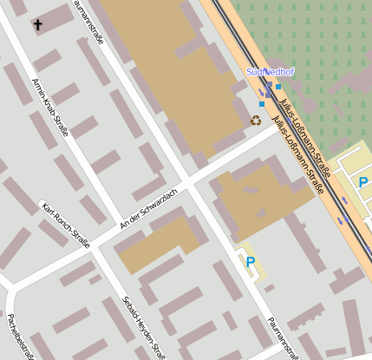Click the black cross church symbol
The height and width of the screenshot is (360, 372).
tap(37, 25)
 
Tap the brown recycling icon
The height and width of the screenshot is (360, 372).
tap(256, 121)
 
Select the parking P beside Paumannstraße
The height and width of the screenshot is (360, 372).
tap(251, 261)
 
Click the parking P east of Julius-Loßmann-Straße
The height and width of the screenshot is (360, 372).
tap(363, 182)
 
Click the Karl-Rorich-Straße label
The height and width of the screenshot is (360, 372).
tap(65, 224)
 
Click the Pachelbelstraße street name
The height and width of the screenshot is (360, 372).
tap(19, 334)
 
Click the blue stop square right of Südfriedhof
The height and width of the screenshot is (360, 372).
tap(278, 87)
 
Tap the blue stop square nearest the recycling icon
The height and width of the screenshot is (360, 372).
tap(261, 104)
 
